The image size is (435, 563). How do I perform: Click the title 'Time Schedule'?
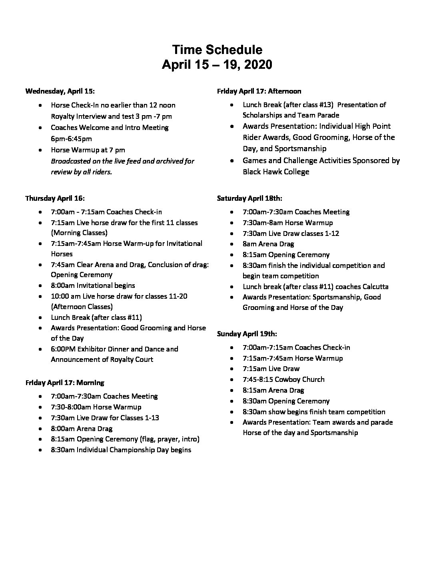pos(217,50)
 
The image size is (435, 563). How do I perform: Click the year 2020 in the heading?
pos(257,65)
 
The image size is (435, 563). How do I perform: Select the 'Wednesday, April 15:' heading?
pos(60,91)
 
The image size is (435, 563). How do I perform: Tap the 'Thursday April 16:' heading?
pos(55,198)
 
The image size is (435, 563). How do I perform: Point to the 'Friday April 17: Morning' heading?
pos(65,383)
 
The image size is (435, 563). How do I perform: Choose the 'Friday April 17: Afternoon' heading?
pos(259,91)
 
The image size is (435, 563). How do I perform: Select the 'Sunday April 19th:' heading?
pos(247,333)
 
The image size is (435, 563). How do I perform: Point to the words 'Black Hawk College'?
pos(276,172)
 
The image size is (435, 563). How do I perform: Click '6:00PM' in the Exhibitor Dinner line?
pos(63,349)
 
